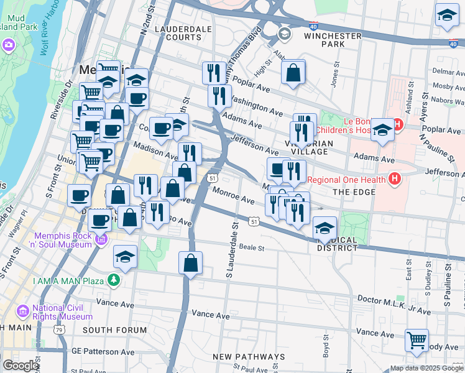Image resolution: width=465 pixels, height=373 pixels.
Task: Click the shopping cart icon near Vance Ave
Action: click(x=417, y=340)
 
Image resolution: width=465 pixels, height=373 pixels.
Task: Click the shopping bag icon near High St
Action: click(x=293, y=73)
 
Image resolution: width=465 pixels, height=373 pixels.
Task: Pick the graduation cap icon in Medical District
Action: click(x=325, y=228)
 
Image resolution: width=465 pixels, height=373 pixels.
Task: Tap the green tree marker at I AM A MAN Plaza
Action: click(x=113, y=280)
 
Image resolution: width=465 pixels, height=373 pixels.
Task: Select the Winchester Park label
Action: click(x=333, y=40)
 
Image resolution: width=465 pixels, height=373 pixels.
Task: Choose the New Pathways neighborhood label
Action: click(x=248, y=357)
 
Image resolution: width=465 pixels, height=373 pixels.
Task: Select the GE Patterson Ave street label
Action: click(x=102, y=351)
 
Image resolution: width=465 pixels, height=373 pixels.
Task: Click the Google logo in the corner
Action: click(x=20, y=366)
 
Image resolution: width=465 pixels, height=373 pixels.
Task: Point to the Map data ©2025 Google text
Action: click(x=426, y=368)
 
